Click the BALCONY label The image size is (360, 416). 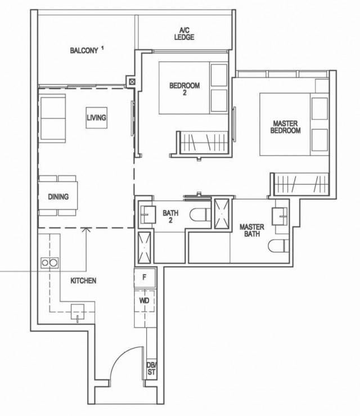tap(84, 51)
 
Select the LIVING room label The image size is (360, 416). tap(97, 118)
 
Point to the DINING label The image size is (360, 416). tap(58, 197)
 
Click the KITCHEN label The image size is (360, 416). tap(83, 280)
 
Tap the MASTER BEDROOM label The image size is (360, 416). tap(286, 127)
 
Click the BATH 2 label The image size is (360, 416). tap(170, 217)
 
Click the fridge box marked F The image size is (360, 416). tap(144, 278)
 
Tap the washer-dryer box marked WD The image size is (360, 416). tap(144, 301)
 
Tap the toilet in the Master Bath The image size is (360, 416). tap(277, 246)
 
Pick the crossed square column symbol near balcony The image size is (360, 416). tap(132, 81)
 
